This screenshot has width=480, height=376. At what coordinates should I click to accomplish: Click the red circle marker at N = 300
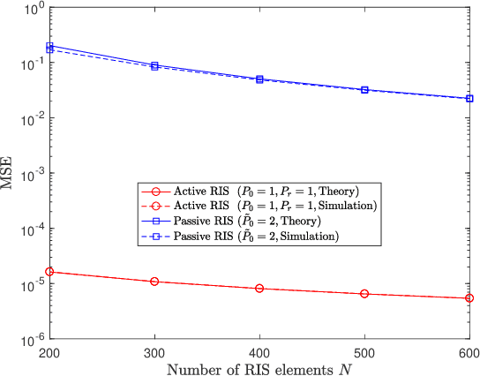click(154, 282)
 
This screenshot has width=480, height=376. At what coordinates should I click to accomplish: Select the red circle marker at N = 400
click(259, 289)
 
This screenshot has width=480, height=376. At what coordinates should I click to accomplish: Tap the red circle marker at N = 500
click(364, 294)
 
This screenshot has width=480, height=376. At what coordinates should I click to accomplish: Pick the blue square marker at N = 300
click(154, 65)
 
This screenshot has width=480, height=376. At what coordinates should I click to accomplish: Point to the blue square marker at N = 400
click(259, 79)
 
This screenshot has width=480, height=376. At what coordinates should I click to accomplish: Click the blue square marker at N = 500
click(364, 90)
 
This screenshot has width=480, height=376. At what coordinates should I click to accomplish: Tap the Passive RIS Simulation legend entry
click(255, 236)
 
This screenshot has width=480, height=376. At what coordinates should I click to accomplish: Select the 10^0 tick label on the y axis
click(34, 9)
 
